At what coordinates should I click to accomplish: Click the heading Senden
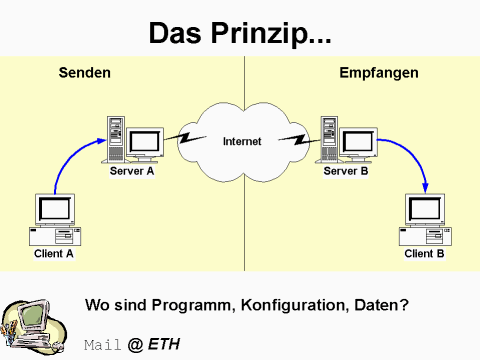coord(84,73)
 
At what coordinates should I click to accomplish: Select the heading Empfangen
coord(378,73)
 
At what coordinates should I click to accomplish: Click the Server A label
coord(133,172)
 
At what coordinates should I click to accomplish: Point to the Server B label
coord(346,172)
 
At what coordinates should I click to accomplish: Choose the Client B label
coord(424,254)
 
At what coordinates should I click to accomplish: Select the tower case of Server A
coord(116,138)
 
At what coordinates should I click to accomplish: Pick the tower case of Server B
coord(328,138)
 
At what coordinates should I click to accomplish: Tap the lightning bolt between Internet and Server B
coord(294,134)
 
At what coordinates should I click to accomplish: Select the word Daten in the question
coord(378,303)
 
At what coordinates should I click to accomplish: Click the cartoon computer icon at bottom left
coord(32,323)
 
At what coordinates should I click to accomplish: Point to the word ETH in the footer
coord(165,345)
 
